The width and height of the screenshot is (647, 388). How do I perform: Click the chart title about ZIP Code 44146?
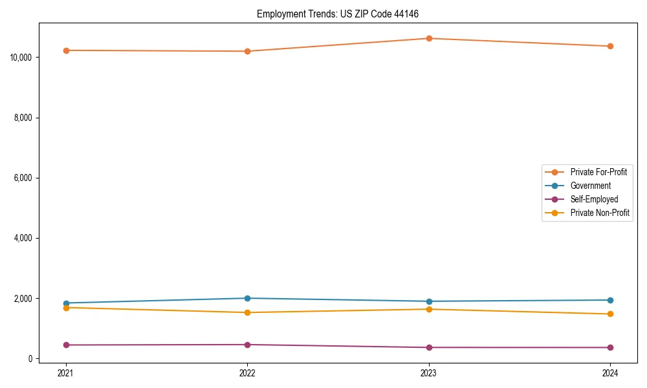click(x=342, y=14)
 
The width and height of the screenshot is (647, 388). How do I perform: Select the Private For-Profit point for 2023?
click(x=429, y=38)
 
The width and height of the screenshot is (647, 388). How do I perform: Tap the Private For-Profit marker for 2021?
click(x=66, y=50)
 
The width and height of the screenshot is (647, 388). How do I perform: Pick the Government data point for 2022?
click(x=247, y=298)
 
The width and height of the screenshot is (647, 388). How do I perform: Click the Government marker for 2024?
click(x=610, y=300)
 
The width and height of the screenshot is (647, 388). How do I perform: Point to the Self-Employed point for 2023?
click(x=429, y=347)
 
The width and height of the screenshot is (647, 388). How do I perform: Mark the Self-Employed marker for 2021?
click(x=66, y=345)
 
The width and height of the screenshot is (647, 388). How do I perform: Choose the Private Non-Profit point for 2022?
click(x=247, y=312)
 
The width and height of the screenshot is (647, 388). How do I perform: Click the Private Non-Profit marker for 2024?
click(x=610, y=314)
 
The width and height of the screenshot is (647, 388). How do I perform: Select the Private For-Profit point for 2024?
click(x=610, y=46)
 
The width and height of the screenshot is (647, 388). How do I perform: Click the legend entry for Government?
click(x=590, y=186)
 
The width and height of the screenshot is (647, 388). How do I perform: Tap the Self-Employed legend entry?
click(x=594, y=199)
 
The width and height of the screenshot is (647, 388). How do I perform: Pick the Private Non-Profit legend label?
click(x=600, y=213)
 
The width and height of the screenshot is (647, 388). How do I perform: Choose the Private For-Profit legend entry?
click(x=598, y=172)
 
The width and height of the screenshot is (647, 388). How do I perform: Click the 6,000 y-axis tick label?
click(x=23, y=178)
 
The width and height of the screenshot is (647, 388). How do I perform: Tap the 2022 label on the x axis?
click(x=247, y=372)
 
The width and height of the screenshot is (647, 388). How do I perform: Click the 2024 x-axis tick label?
click(x=610, y=372)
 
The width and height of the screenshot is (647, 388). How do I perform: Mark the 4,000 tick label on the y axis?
click(x=23, y=238)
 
